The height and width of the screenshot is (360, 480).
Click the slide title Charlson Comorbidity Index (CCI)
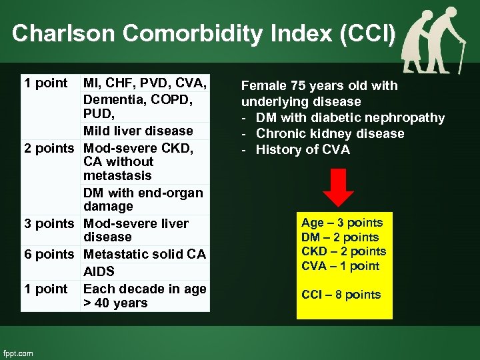204,33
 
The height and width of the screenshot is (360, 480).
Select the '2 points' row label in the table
51,148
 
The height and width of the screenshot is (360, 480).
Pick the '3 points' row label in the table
51,223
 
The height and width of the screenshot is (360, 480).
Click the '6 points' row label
51,255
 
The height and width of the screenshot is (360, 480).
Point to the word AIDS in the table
99,271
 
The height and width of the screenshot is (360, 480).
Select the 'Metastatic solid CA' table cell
145,255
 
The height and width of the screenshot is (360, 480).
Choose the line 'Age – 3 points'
342,223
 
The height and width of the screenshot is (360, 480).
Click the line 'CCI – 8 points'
341,295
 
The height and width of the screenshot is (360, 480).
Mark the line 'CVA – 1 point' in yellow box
340,266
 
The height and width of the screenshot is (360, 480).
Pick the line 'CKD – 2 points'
343,251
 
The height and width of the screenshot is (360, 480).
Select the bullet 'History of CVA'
301,149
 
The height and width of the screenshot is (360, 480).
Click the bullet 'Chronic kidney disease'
330,133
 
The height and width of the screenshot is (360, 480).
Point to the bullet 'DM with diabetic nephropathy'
349,117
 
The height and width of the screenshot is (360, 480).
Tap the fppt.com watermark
18,353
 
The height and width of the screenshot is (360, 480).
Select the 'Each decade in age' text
145,289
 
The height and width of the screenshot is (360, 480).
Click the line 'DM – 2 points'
340,237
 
